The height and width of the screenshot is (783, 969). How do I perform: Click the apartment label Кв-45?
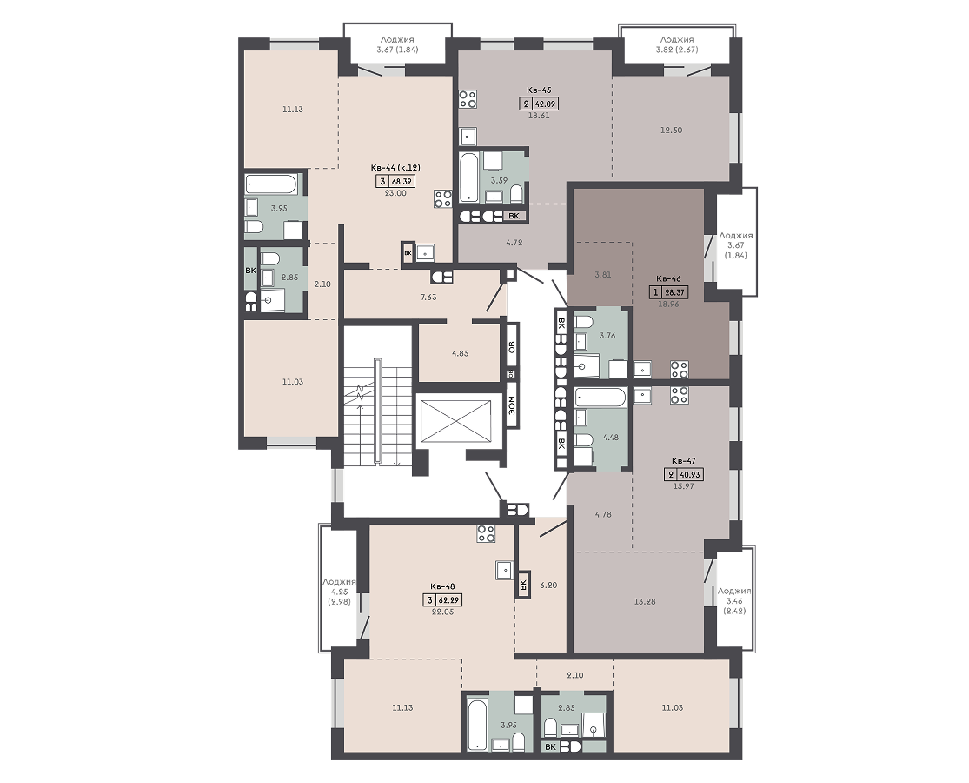click(x=534, y=90)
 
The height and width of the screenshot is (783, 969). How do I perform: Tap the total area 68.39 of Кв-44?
click(x=402, y=181)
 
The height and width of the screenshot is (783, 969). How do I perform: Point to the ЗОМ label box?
click(x=512, y=405)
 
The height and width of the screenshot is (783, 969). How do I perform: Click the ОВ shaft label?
click(x=512, y=347)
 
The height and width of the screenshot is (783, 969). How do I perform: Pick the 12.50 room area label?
click(x=671, y=130)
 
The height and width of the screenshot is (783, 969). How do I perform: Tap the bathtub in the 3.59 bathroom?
click(x=468, y=177)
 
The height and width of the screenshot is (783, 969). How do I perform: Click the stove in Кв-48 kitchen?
click(x=486, y=533)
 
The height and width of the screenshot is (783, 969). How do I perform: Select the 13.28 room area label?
click(x=645, y=601)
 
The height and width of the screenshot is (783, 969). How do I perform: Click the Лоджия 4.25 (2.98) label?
click(x=339, y=592)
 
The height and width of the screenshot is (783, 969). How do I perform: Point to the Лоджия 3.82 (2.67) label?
click(x=677, y=44)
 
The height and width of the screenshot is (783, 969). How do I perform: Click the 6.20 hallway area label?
click(x=548, y=585)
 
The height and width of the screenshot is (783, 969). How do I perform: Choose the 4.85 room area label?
click(x=460, y=354)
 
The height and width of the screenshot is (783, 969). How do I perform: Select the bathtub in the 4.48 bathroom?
click(x=601, y=397)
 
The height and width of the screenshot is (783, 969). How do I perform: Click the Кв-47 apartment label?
click(x=684, y=461)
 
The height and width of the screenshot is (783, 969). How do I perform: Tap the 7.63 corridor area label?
click(x=428, y=297)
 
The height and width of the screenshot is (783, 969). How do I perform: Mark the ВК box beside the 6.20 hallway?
click(x=523, y=584)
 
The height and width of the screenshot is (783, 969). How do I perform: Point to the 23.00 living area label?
click(x=395, y=193)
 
